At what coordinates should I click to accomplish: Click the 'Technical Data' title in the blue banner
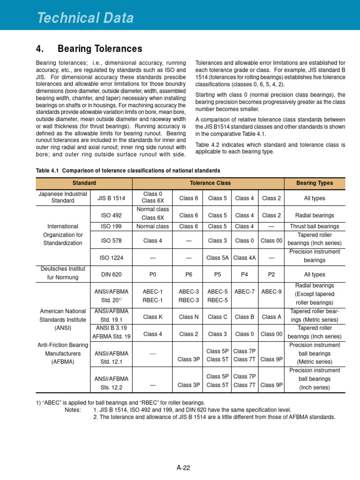85,18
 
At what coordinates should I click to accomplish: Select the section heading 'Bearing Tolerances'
99,49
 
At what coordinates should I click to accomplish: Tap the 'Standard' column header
84,183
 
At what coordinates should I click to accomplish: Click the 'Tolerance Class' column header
208,183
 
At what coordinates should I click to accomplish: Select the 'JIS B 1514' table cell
111,198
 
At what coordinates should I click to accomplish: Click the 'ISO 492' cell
111,215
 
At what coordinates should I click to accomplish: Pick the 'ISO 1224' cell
111,257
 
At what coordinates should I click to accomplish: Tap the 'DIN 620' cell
111,274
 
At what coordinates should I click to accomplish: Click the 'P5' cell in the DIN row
217,274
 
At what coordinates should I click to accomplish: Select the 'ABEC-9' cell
271,291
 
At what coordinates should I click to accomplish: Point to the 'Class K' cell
153,317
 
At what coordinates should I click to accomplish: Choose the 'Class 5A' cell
217,257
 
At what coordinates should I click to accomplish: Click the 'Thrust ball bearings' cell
315,226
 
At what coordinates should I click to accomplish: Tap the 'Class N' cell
188,317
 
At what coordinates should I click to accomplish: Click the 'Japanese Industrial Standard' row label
63,197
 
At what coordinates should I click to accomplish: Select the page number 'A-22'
183,467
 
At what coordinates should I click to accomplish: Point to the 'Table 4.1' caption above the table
128,170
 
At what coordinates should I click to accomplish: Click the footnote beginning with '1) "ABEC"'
120,403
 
